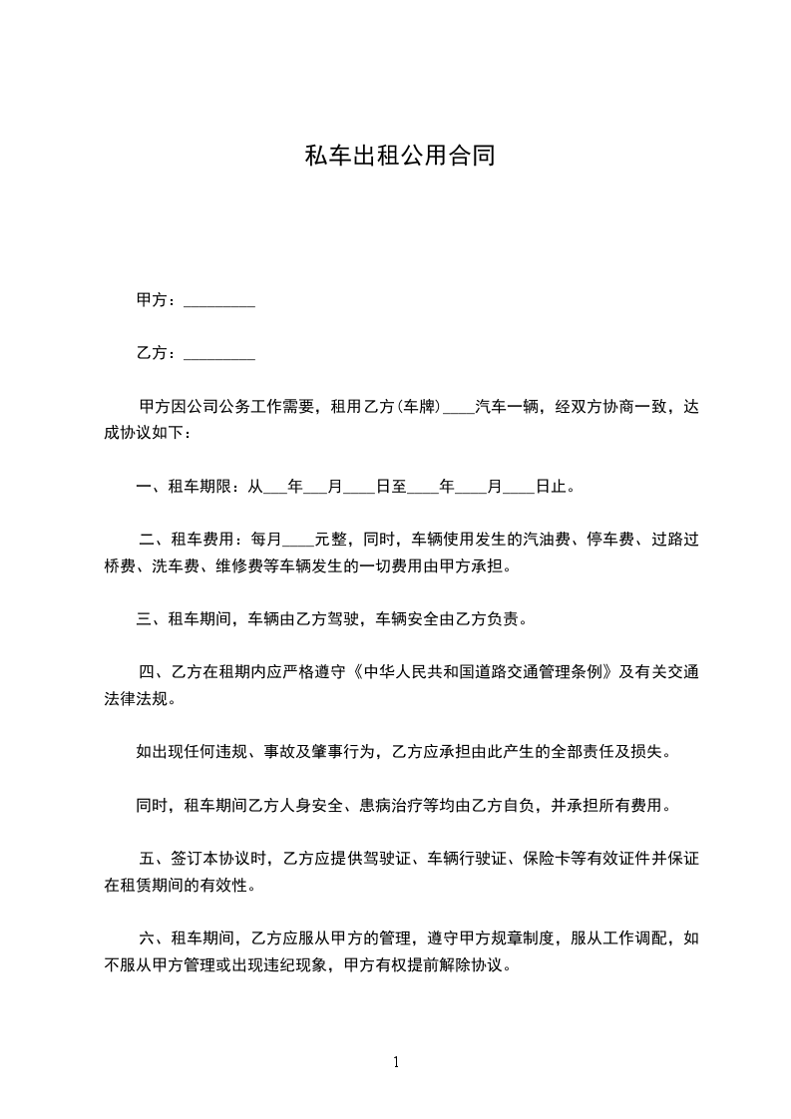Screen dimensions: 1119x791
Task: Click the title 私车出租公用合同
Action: click(x=399, y=158)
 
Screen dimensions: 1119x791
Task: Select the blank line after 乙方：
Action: click(x=219, y=354)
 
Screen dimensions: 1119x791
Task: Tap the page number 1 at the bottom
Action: click(x=396, y=1062)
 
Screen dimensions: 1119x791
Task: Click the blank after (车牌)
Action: click(x=458, y=407)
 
